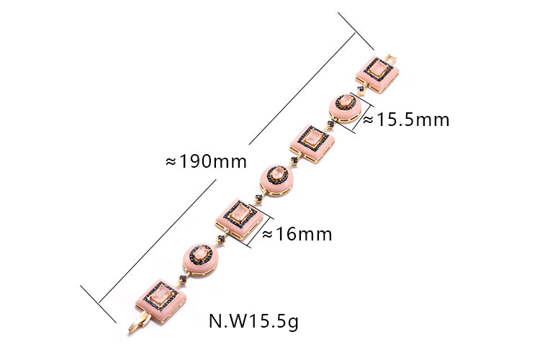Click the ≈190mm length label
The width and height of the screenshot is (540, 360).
(207, 161)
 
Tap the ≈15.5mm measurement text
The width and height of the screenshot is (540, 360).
(406, 120)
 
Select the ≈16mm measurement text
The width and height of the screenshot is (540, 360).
(297, 234)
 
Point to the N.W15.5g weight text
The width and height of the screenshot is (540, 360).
(253, 321)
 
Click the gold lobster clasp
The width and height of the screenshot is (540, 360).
(139, 323)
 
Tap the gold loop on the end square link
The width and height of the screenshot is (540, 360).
(391, 59)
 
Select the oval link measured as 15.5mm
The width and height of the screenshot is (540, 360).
(345, 108)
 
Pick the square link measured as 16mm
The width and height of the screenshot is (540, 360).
(239, 220)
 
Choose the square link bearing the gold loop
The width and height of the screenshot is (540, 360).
(377, 74)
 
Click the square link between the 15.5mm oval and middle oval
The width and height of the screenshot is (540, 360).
(312, 144)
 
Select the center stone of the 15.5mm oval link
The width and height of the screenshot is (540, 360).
(345, 102)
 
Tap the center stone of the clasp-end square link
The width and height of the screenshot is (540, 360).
(161, 296)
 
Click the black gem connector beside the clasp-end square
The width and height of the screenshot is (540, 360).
(183, 279)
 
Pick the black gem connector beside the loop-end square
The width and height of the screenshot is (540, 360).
(361, 89)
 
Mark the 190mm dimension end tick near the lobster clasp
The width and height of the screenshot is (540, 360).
(98, 304)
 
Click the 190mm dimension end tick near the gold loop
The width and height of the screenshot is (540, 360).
(356, 32)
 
